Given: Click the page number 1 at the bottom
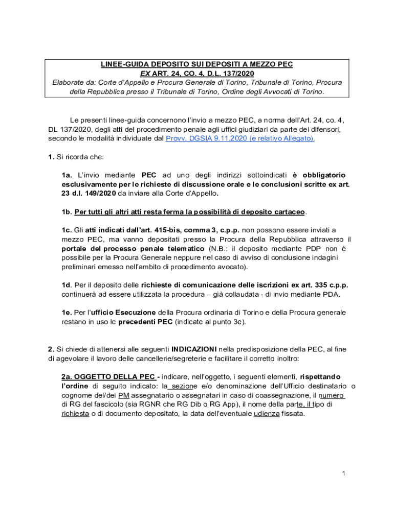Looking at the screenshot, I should tap(344, 473).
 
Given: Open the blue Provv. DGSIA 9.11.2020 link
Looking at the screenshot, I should tap(240, 138).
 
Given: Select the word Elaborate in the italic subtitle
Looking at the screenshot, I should tap(70, 82).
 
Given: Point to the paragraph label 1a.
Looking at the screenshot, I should tap(67, 175).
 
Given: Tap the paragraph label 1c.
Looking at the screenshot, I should tap(67, 230).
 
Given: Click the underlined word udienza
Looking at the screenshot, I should tap(266, 414).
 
